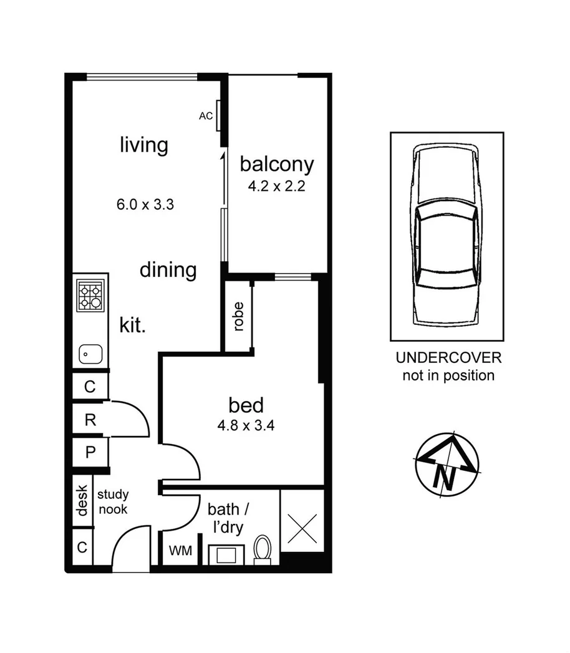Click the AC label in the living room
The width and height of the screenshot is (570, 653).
(205, 116)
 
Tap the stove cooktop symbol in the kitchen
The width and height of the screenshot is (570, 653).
(90, 297)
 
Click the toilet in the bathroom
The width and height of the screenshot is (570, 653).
(262, 549)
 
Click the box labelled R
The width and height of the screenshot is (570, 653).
(90, 420)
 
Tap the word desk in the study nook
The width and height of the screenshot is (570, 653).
(81, 501)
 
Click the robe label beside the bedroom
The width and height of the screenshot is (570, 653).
(238, 317)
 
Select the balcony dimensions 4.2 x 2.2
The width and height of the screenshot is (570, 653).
(276, 186)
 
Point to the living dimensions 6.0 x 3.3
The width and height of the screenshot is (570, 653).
(144, 204)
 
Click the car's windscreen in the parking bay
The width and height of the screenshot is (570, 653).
(447, 215)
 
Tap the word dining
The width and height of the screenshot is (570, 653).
(168, 271)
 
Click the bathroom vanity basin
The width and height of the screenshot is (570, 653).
(225, 553)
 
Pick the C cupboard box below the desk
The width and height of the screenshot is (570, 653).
(81, 548)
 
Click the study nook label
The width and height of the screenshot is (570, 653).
(113, 502)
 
